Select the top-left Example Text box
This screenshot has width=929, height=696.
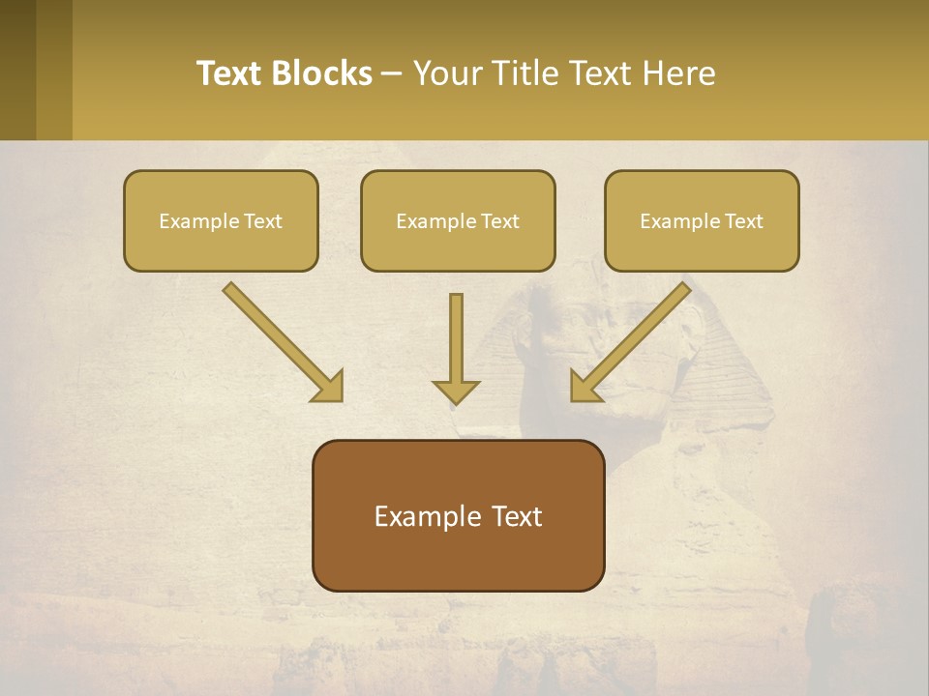[x=221, y=220]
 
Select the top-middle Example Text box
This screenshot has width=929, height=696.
[x=458, y=220]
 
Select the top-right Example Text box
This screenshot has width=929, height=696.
[x=702, y=220]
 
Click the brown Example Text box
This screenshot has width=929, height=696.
[x=458, y=515]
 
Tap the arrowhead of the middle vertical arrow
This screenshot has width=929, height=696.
[x=456, y=391]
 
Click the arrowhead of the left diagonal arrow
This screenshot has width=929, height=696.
[x=329, y=388]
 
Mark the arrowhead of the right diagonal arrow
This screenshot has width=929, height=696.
[x=584, y=388]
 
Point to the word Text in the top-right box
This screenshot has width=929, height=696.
[x=744, y=220]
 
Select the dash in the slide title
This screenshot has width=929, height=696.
[x=392, y=73]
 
